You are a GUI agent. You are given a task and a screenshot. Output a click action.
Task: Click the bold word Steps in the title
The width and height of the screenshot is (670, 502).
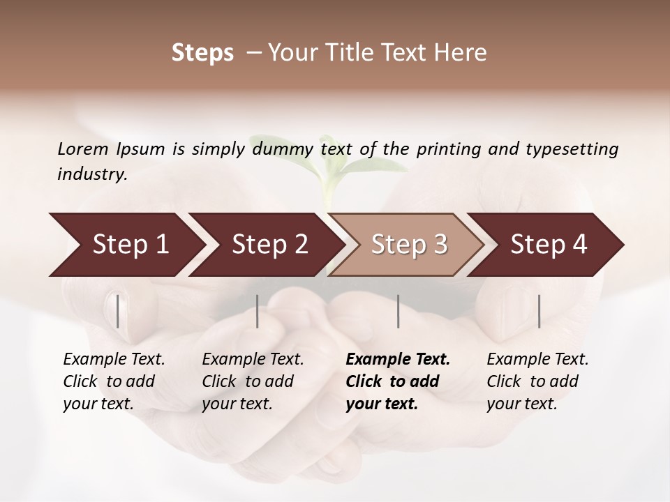(x=202, y=53)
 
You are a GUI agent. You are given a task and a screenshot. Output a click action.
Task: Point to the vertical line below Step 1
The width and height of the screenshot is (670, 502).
(x=117, y=311)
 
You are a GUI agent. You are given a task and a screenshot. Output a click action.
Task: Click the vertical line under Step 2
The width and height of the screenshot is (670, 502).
(x=258, y=311)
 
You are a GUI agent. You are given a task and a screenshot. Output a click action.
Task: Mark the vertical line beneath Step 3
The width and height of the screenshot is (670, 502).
(x=398, y=311)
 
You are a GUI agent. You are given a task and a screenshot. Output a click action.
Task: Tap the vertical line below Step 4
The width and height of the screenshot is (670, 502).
(x=539, y=311)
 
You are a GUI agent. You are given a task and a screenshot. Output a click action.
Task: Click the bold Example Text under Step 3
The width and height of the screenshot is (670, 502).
(x=398, y=360)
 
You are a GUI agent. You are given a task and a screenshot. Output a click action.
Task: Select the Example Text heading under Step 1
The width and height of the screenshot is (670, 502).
(x=114, y=360)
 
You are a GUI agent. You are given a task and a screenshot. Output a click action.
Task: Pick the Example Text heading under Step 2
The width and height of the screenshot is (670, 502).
(x=253, y=360)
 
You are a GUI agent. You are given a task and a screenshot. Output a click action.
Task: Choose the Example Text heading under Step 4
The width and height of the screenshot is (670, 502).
(x=537, y=360)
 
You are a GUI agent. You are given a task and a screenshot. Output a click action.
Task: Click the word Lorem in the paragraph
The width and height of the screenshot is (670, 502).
(x=83, y=149)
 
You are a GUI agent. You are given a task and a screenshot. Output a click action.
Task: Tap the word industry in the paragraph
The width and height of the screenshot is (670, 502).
(x=92, y=174)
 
